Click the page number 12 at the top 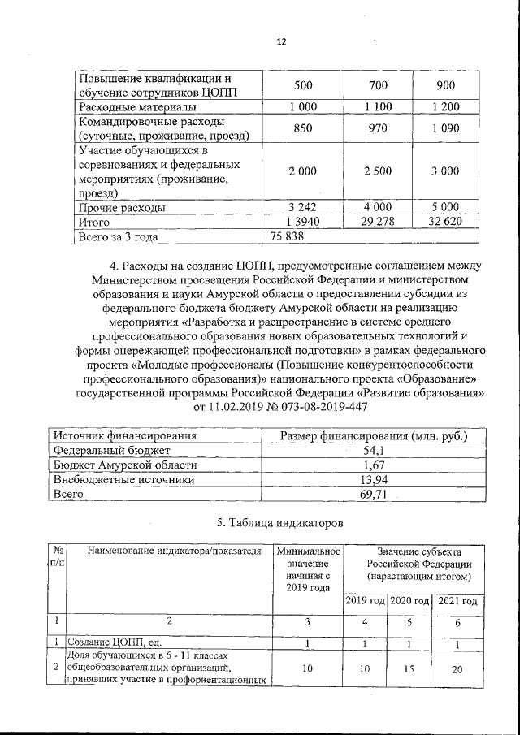click(x=282, y=42)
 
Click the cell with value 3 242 click(x=301, y=207)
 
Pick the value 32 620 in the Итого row click(x=445, y=222)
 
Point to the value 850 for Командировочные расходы click(x=301, y=128)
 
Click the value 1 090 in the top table click(x=445, y=128)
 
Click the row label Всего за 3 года click(x=117, y=237)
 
